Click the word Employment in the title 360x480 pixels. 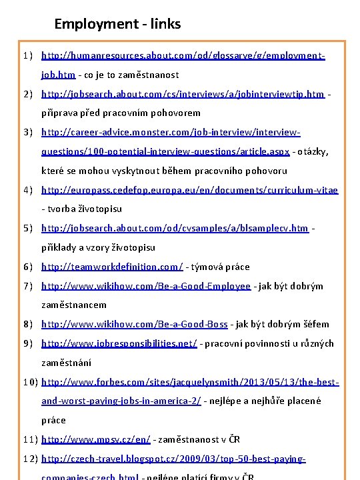(x=88, y=25)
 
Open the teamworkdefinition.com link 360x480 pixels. (x=112, y=267)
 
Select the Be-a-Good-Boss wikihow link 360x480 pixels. (x=135, y=324)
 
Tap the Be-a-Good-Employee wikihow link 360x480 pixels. (x=146, y=286)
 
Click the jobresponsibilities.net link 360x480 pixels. (x=119, y=343)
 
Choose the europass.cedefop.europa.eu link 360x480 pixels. (x=189, y=190)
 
